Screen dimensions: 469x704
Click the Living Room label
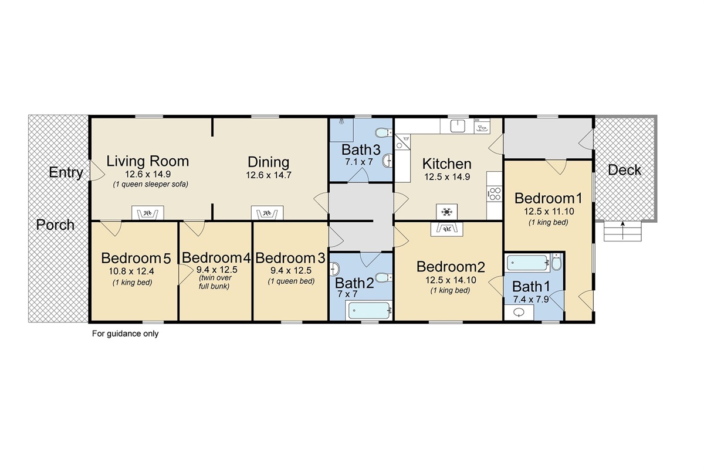(148, 161)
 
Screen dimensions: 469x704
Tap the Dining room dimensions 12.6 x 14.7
(268, 175)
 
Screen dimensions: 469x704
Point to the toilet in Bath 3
(384, 131)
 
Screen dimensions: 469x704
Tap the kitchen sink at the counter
(458, 125)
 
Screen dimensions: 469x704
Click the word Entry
(66, 172)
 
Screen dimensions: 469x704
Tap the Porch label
(56, 225)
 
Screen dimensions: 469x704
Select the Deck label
(624, 171)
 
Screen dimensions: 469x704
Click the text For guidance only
(126, 334)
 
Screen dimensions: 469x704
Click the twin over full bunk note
(215, 282)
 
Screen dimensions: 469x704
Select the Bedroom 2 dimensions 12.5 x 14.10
(451, 280)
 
